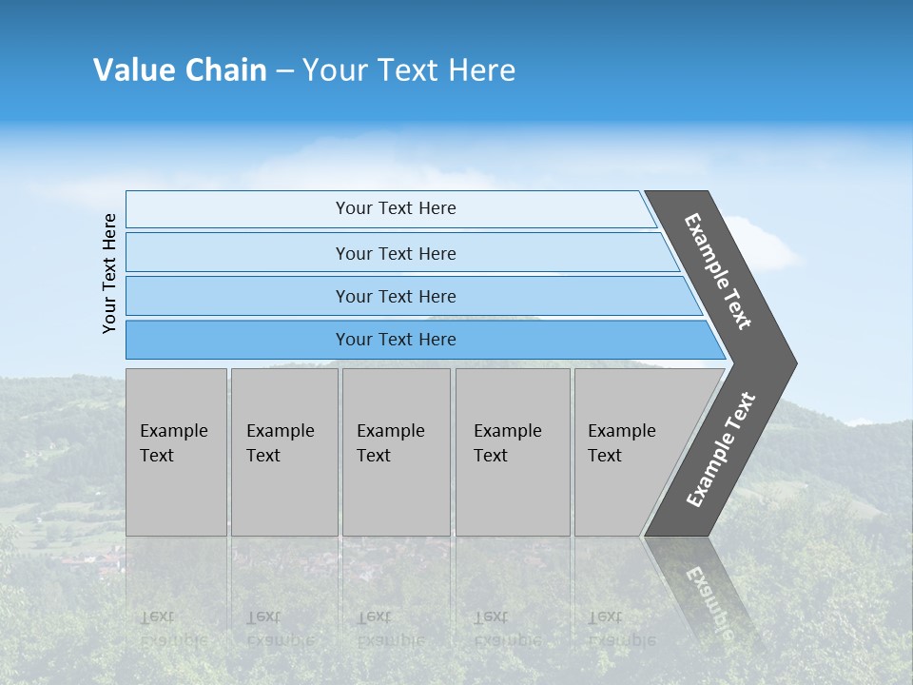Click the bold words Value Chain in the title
180,70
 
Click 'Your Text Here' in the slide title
409,70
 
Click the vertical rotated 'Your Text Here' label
109,273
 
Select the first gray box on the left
176,452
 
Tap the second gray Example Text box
284,452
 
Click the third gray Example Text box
396,452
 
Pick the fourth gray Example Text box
513,452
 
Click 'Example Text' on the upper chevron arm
718,271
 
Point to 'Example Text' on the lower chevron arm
720,450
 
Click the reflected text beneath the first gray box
172,629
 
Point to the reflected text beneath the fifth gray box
620,629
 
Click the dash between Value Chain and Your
284,70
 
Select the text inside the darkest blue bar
396,340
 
